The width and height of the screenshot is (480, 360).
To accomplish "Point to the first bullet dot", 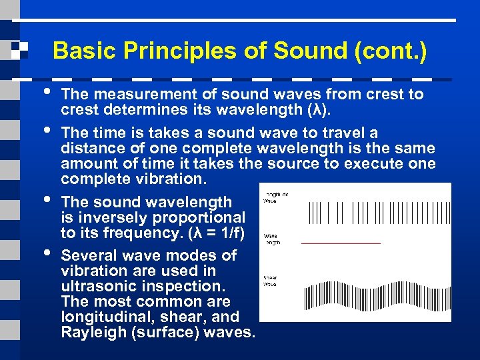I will tap(45, 91).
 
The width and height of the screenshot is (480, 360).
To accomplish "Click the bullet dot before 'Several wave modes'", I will tap(45, 252).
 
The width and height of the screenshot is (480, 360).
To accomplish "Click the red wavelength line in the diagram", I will tap(340, 243).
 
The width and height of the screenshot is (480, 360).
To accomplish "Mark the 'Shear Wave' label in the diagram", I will tap(271, 280).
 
